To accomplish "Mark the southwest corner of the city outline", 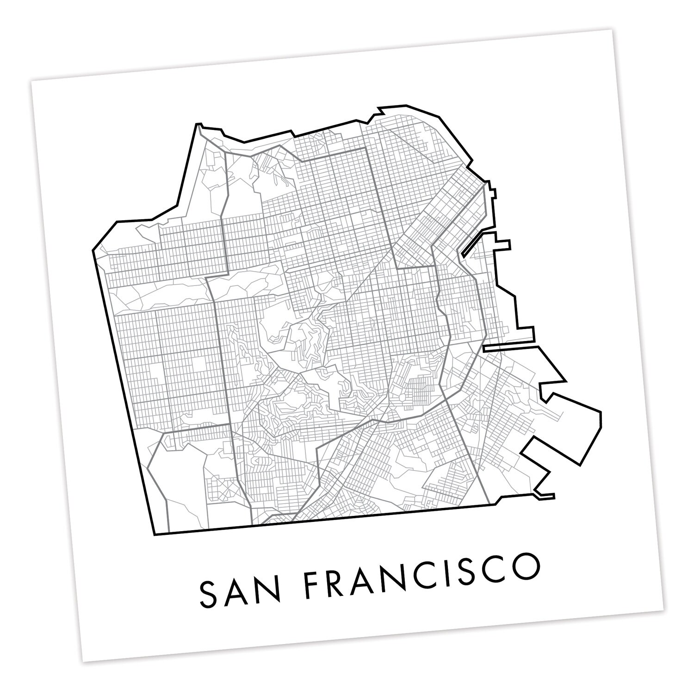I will [x=154, y=535].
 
